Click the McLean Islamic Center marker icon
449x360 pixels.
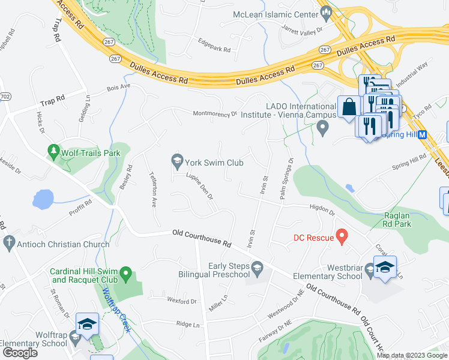(327, 12)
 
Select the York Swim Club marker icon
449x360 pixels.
(177, 160)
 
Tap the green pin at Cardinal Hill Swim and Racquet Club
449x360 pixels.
(126, 275)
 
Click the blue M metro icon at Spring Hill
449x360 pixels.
(422, 135)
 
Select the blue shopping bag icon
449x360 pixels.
(348, 108)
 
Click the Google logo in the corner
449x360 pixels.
(20, 353)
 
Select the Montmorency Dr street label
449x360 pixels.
(215, 113)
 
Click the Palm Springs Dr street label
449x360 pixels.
(285, 178)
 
